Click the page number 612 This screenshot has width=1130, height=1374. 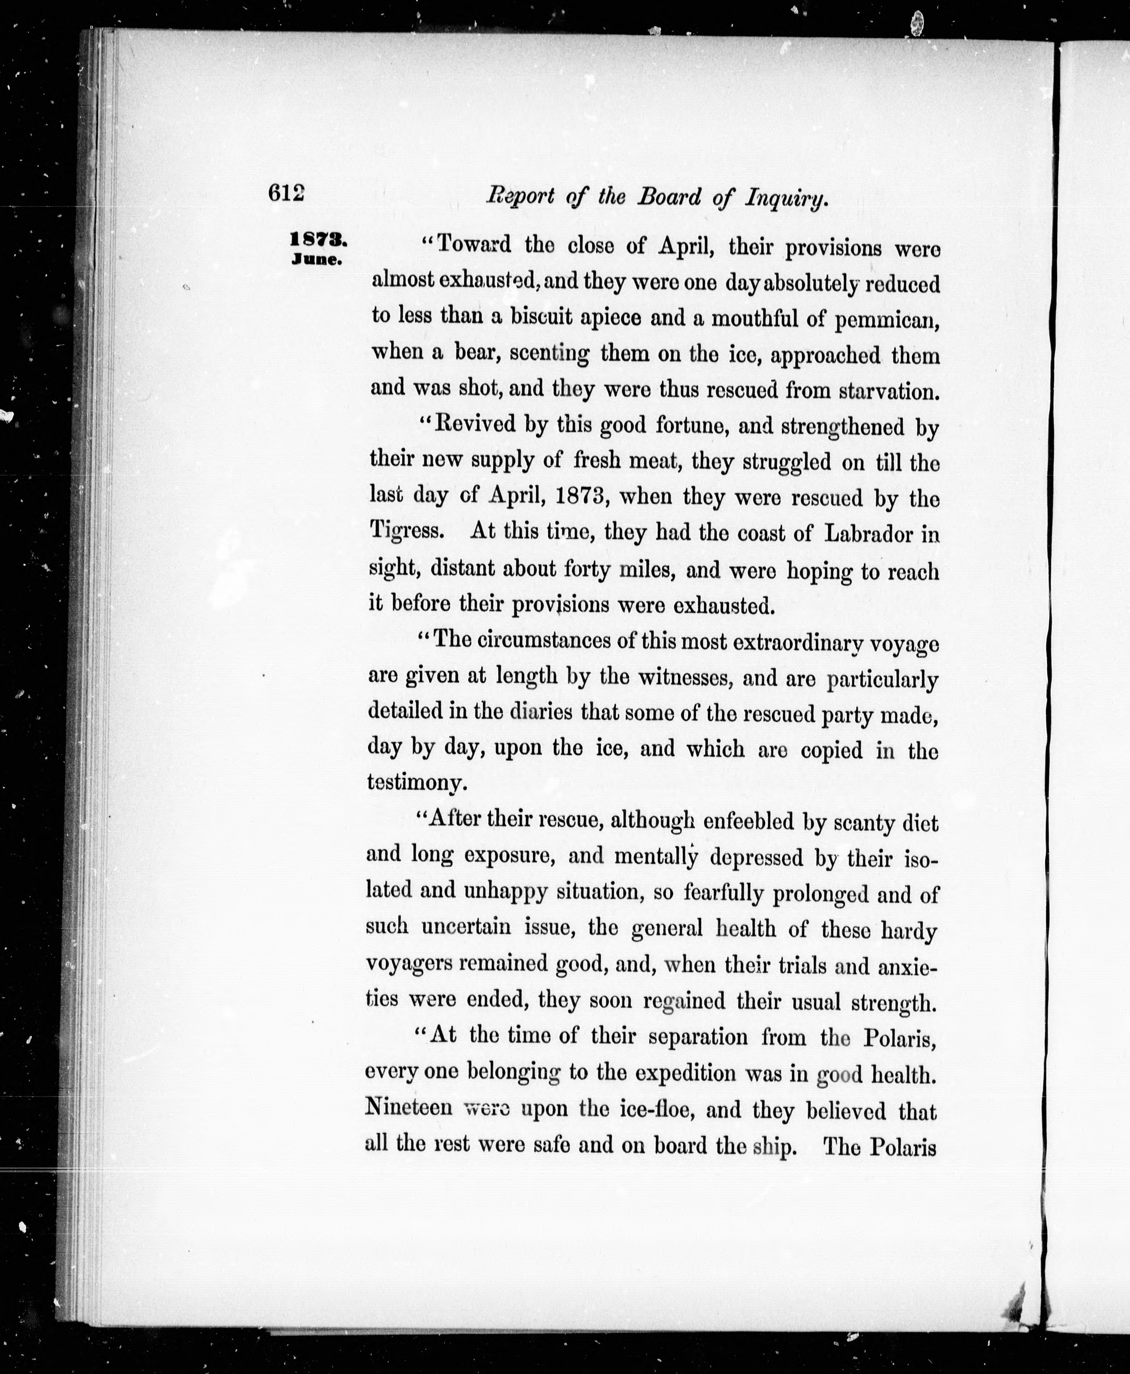286,193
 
